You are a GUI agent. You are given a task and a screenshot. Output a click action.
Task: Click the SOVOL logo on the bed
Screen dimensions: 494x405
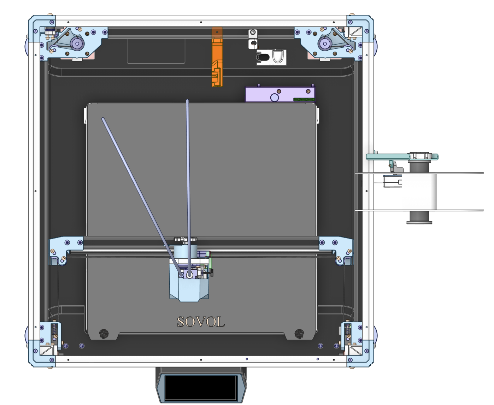201,322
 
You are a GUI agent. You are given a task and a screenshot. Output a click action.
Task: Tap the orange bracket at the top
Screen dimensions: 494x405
217,57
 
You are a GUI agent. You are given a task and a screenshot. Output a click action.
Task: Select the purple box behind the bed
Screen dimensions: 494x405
280,94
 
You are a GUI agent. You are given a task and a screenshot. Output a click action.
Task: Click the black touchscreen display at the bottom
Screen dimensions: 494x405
201,387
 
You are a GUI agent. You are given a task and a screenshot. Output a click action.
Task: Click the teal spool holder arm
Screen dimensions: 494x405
402,157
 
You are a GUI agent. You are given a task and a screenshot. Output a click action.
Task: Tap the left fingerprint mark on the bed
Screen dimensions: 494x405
104,333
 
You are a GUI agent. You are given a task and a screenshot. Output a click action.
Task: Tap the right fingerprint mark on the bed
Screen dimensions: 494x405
299,333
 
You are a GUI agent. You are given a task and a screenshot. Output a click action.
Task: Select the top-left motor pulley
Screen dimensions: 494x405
77,43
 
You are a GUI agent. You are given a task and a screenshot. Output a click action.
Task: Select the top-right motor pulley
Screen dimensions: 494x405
325,43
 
